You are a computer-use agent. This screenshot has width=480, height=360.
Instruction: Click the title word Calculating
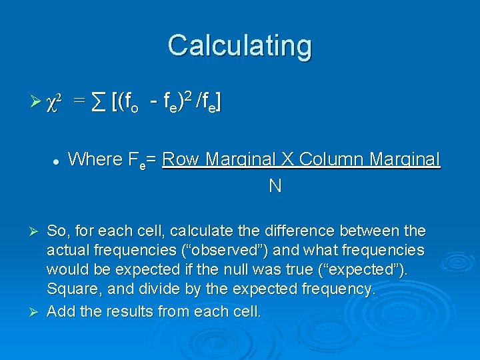239,45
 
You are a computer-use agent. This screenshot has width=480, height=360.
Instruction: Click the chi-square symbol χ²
55,103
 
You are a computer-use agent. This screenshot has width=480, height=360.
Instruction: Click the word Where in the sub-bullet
95,159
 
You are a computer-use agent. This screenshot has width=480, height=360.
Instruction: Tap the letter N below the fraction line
274,186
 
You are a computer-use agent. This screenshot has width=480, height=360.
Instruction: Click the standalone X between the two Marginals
287,159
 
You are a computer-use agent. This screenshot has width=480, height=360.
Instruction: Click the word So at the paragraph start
56,231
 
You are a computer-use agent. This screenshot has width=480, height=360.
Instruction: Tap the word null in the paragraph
266,270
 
